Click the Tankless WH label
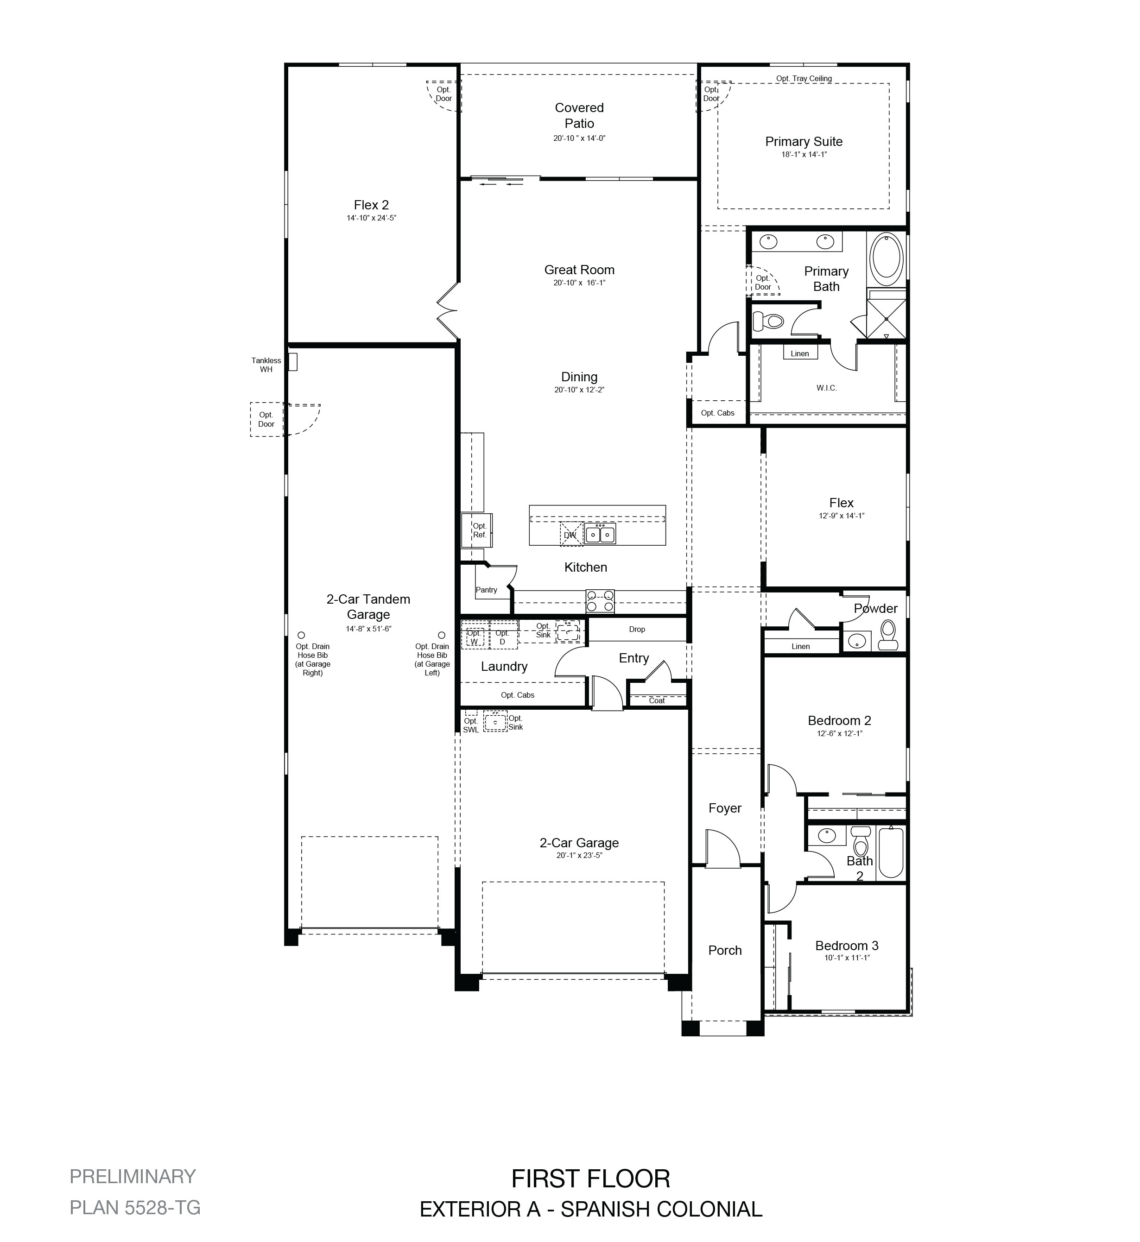(x=266, y=365)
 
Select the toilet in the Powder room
(x=888, y=635)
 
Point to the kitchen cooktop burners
(x=600, y=601)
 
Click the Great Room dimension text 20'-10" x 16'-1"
(x=579, y=283)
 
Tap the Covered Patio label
(x=579, y=115)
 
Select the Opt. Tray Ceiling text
(x=804, y=78)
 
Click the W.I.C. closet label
(x=827, y=388)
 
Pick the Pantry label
(x=486, y=590)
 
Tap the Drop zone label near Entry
(x=637, y=629)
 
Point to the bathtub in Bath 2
(x=891, y=852)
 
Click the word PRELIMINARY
(x=133, y=1176)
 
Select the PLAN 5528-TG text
(x=135, y=1207)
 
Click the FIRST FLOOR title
(x=590, y=1179)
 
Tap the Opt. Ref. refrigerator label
(x=479, y=530)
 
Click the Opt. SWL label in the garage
(x=471, y=725)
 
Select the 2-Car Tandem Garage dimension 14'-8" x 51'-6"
(x=368, y=629)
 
